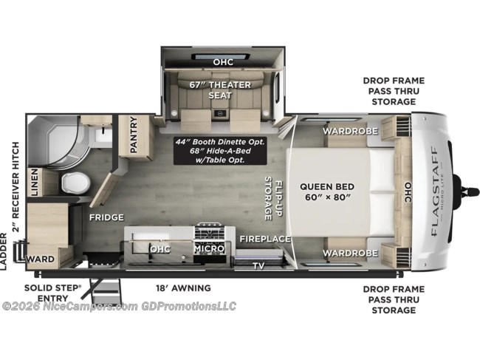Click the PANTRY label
tap(135, 135)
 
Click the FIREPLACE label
tap(264, 239)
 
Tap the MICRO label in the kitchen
tap(209, 249)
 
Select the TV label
tap(258, 265)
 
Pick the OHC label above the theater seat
tap(222, 61)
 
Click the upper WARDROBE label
tap(349, 131)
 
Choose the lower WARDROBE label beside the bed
tap(349, 253)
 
